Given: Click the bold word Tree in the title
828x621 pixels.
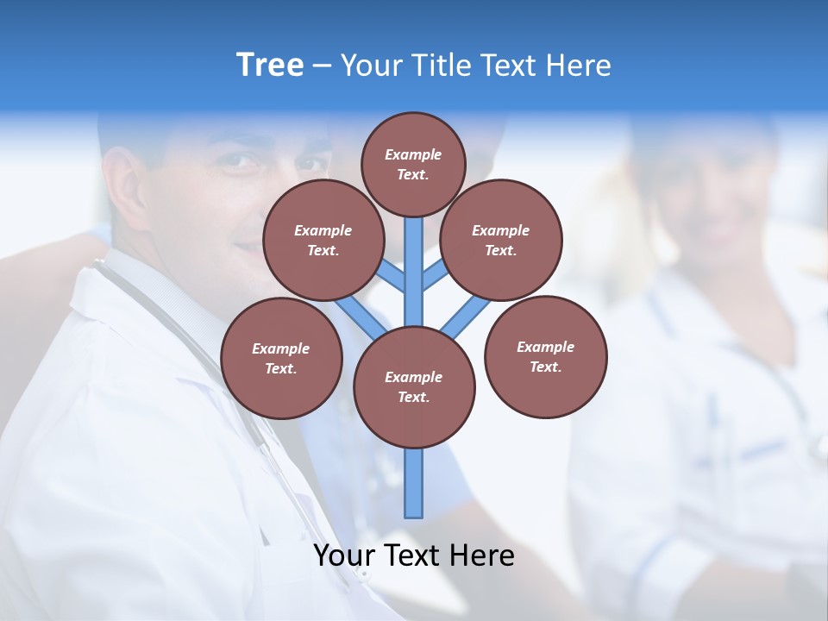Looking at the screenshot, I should tap(270, 66).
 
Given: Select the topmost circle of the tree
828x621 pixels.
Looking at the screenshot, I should tap(413, 164).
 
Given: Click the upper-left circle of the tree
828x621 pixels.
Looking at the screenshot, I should tap(323, 240).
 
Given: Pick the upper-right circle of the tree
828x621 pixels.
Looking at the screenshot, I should tap(501, 240).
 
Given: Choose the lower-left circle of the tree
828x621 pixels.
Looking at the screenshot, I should tap(280, 358).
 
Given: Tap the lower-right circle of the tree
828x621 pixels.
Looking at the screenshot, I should tap(545, 356).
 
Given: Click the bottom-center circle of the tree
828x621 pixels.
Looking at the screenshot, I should tap(414, 386).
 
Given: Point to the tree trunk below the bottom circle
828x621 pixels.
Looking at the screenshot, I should tap(414, 483).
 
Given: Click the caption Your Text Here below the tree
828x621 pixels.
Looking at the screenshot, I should tap(414, 555).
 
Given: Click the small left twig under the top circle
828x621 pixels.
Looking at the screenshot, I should tap(392, 277).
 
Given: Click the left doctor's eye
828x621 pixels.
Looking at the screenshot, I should tap(243, 160).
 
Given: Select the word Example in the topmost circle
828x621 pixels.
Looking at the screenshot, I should tap(413, 154).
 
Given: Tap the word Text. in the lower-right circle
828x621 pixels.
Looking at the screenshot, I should tap(545, 367).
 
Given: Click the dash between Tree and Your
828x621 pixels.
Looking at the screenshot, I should tap(323, 66).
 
